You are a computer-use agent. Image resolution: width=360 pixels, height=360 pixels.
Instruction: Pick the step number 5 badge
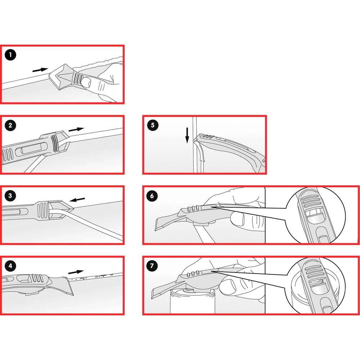click(153, 126)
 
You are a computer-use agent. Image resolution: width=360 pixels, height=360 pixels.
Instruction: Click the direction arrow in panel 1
click(40, 69)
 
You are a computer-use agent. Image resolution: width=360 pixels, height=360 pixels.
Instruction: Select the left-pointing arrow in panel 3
click(77, 199)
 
